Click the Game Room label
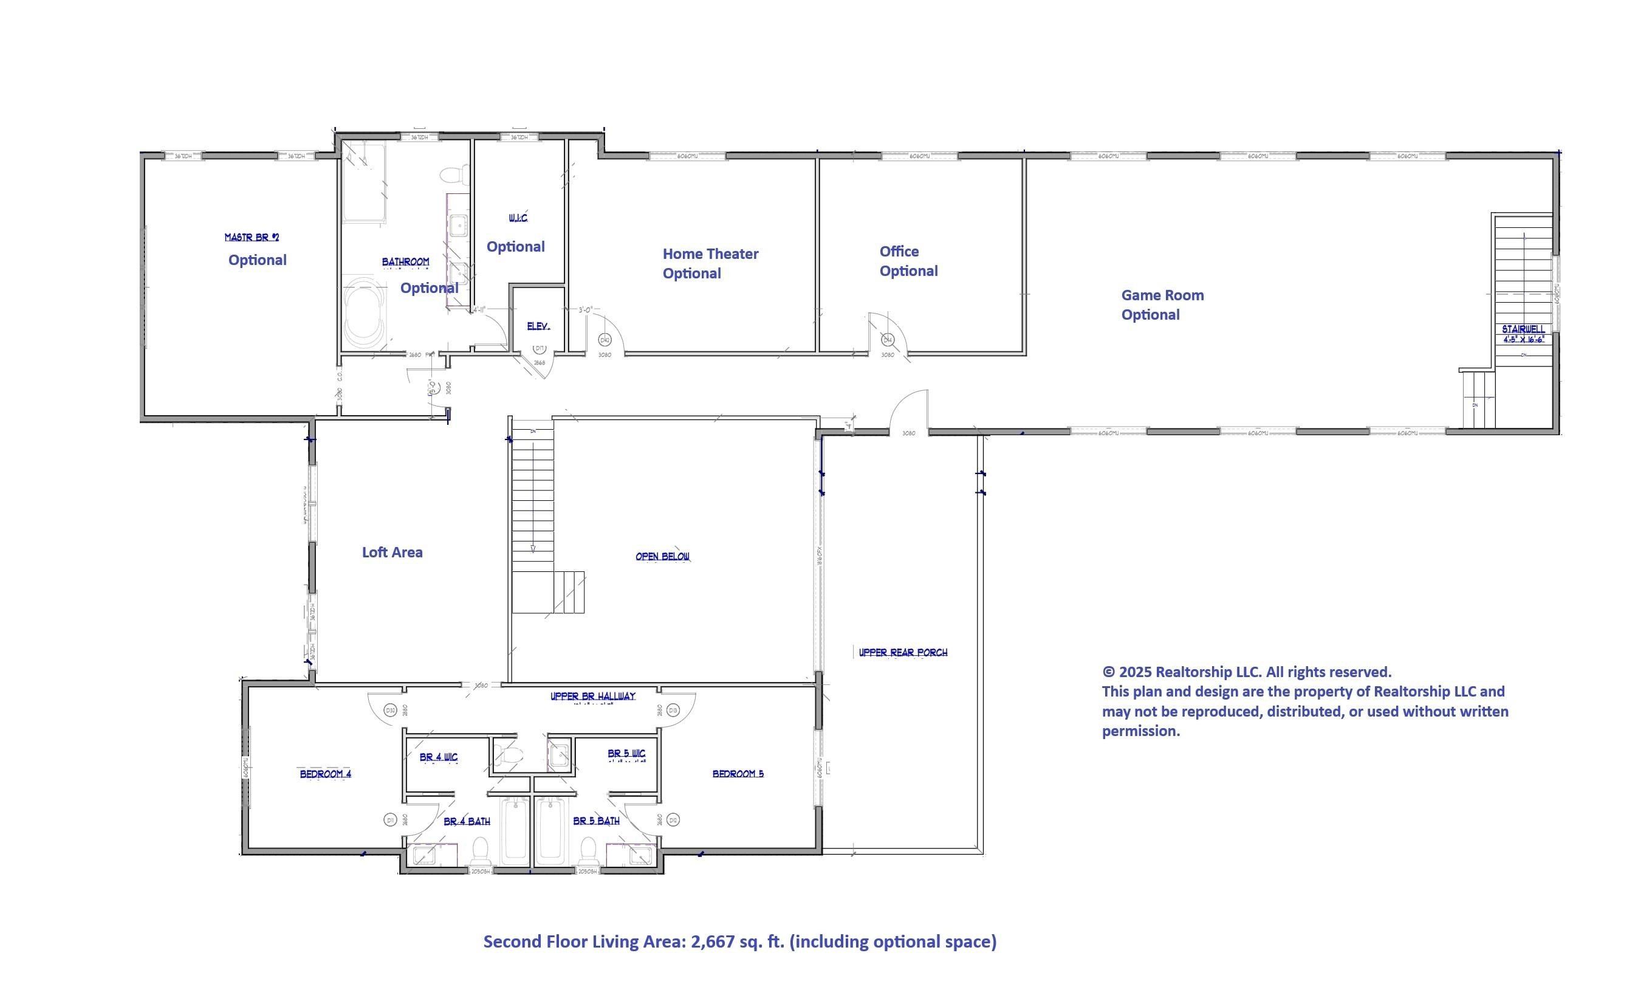(x=1162, y=295)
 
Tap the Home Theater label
(x=710, y=254)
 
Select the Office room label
(x=899, y=252)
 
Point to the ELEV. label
(x=538, y=326)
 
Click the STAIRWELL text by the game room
(x=1523, y=329)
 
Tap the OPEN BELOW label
(x=662, y=557)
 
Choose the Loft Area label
(x=391, y=552)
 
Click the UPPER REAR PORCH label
(x=903, y=652)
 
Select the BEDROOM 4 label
(x=325, y=774)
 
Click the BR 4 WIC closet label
(x=438, y=757)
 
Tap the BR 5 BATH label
(x=595, y=821)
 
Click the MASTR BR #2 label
(x=252, y=238)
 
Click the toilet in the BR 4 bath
(x=480, y=850)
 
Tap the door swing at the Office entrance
(x=888, y=332)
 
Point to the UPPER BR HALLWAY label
(x=592, y=696)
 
